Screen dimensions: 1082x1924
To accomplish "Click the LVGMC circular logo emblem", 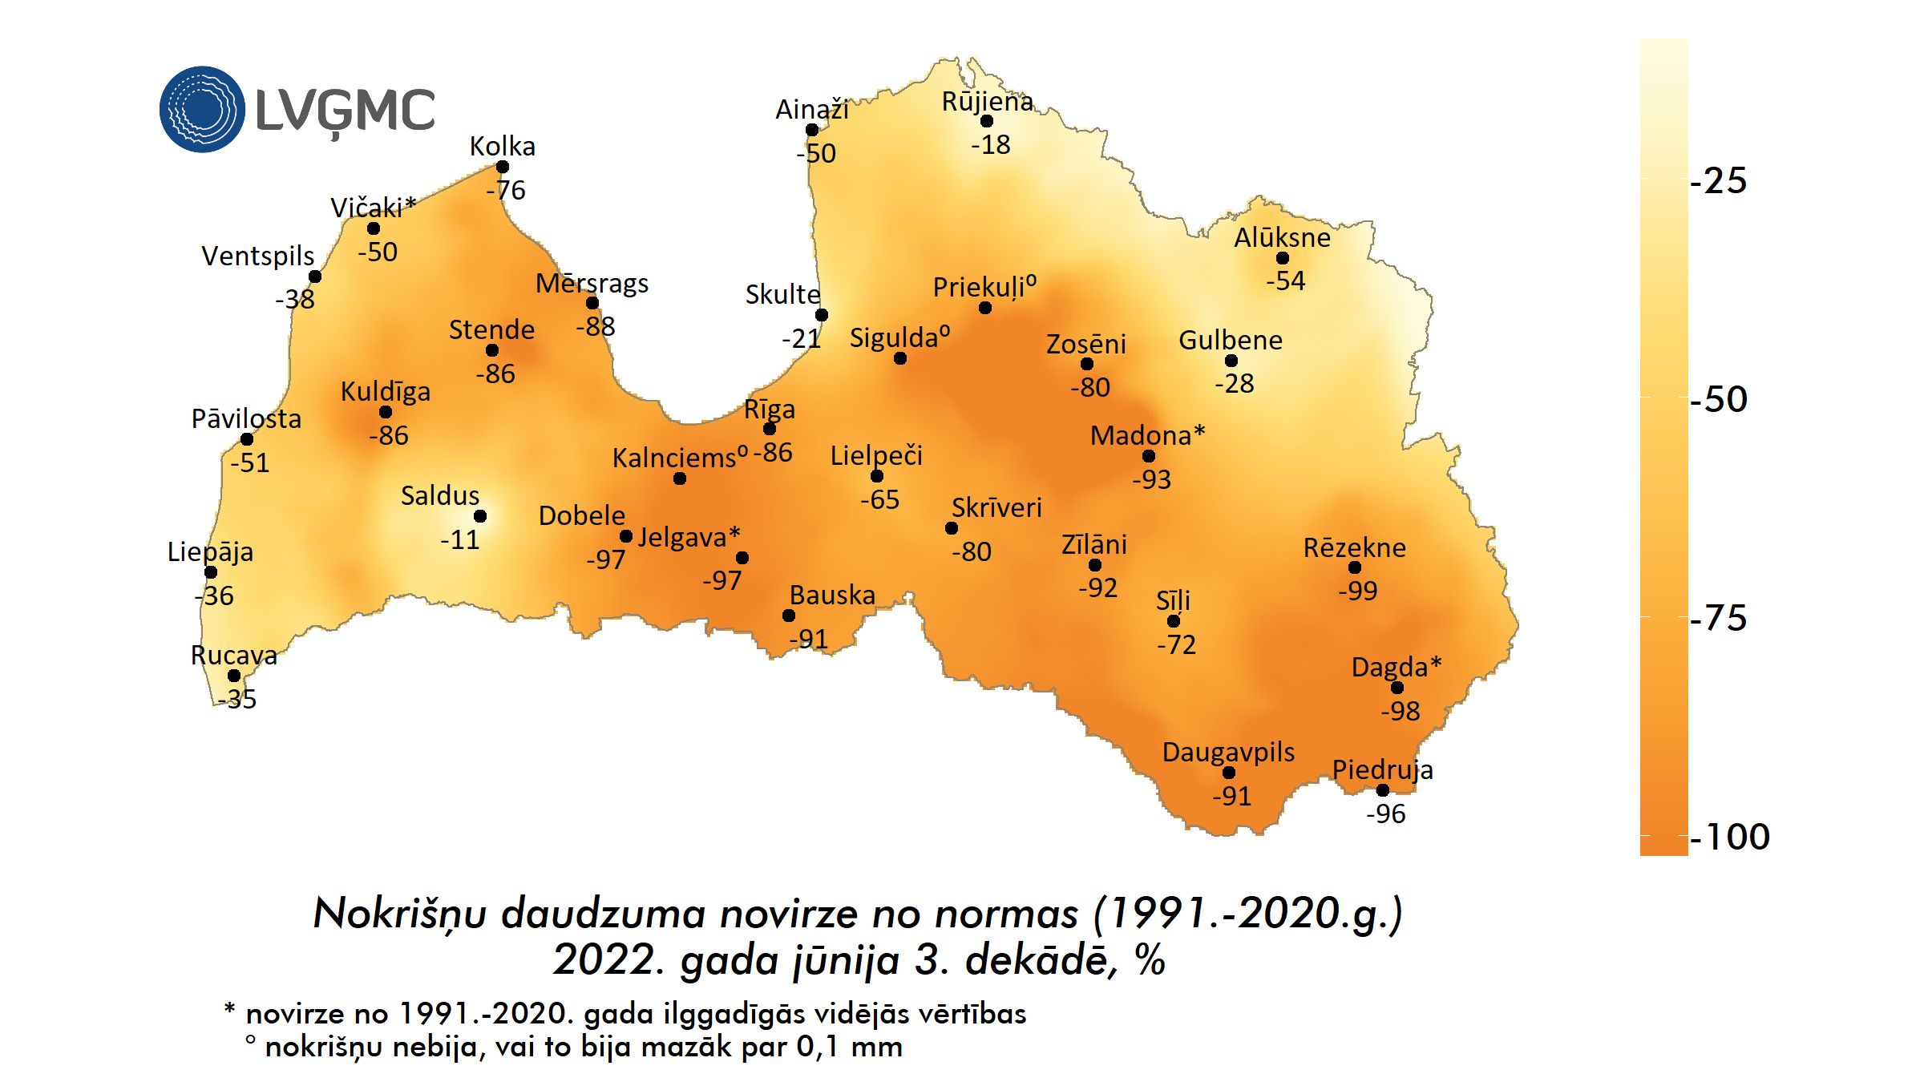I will click(x=202, y=109).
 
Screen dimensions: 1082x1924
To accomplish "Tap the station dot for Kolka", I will click(x=503, y=167).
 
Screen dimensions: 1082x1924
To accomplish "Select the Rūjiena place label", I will click(x=987, y=102).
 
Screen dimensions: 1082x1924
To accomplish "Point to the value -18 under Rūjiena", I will click(x=991, y=145).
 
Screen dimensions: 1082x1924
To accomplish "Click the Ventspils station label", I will click(x=257, y=256).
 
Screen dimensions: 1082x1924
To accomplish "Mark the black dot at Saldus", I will click(x=480, y=516).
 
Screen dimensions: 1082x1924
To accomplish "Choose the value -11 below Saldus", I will click(x=460, y=539).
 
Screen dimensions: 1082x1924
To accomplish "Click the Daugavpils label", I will click(x=1228, y=752).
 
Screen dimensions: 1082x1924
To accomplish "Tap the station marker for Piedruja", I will click(x=1383, y=790).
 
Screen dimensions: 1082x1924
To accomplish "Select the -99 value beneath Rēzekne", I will click(x=1358, y=591).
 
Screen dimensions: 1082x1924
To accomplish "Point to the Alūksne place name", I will click(x=1282, y=237).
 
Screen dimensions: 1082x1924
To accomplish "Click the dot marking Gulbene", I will click(x=1231, y=361).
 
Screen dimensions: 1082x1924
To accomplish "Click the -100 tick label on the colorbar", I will click(x=1729, y=837).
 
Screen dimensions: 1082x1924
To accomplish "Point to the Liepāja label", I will click(x=210, y=551).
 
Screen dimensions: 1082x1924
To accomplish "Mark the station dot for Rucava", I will click(x=234, y=676).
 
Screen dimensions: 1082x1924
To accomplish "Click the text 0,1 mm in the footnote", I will click(x=849, y=1047).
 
